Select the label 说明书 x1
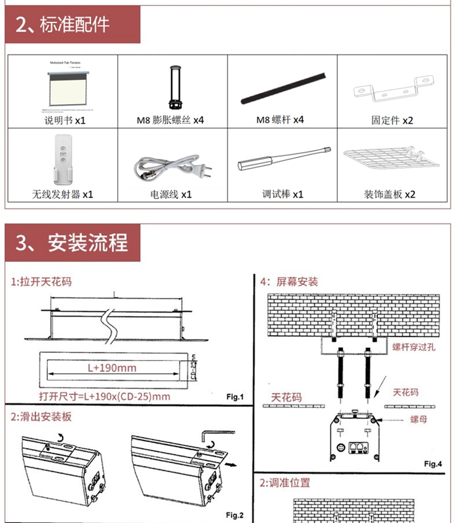pyautogui.click(x=66, y=120)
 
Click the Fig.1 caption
pyautogui.click(x=234, y=397)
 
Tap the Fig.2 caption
pyautogui.click(x=234, y=515)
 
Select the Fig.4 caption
pyautogui.click(x=433, y=464)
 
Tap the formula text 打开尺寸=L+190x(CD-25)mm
pyautogui.click(x=104, y=397)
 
